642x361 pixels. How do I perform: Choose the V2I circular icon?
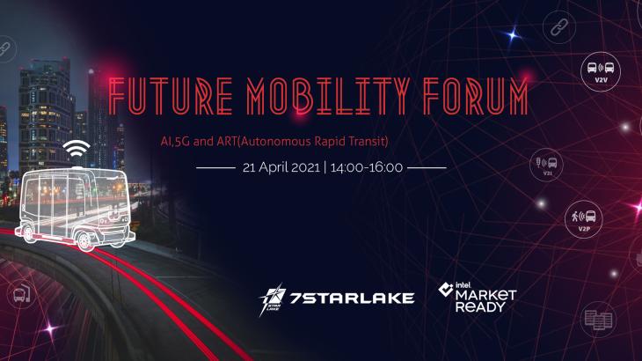point(546,164)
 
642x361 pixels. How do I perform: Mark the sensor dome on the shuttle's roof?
point(77,166)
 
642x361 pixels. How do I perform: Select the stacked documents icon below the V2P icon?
point(597,320)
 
